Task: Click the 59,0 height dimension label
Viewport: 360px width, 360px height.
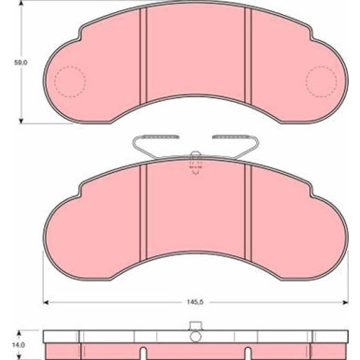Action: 21,63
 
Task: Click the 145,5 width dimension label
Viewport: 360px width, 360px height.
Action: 195,302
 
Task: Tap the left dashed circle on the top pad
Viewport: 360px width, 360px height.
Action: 70,66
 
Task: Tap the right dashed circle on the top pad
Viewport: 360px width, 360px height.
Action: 322,66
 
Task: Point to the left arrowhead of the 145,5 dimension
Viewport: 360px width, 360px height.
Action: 46,302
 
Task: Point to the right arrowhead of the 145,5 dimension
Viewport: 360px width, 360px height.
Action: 345,302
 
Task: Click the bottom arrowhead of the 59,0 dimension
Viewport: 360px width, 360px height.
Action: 21,121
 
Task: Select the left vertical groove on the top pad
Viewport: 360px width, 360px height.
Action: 143,55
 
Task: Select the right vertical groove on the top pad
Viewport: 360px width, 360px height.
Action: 248,55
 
